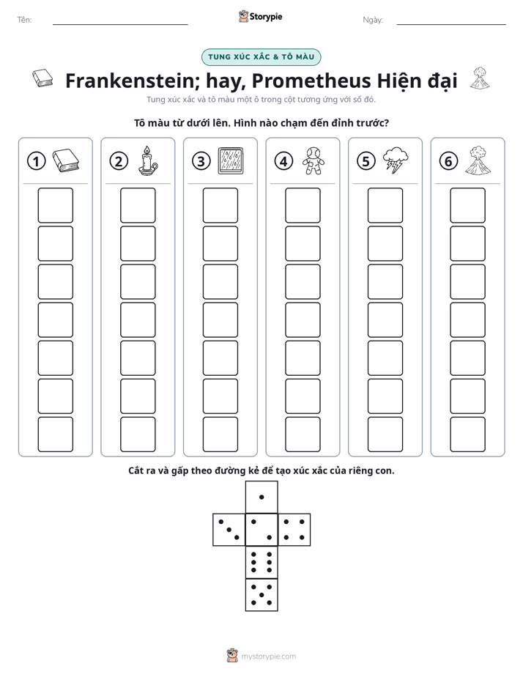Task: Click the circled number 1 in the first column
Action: (x=36, y=161)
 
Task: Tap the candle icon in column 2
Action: (x=147, y=160)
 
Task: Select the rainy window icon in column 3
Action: (x=231, y=160)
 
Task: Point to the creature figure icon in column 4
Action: (x=314, y=160)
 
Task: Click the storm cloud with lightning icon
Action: (x=396, y=160)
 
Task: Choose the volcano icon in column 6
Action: (x=478, y=160)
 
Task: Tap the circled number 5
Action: (x=366, y=161)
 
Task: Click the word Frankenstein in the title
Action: (x=133, y=81)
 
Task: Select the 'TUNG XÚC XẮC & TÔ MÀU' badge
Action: (x=261, y=57)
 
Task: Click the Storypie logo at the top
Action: (x=260, y=17)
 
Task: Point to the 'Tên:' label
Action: (x=24, y=20)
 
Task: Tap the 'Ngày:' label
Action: (x=373, y=20)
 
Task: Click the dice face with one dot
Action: (x=261, y=497)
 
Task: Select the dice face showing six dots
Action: (x=261, y=562)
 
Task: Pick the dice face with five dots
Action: (x=261, y=595)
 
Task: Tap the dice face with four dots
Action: (x=294, y=530)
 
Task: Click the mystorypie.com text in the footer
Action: (x=268, y=656)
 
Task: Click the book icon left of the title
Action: (x=42, y=78)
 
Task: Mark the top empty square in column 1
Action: (x=55, y=205)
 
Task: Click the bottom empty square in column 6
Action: (x=468, y=434)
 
